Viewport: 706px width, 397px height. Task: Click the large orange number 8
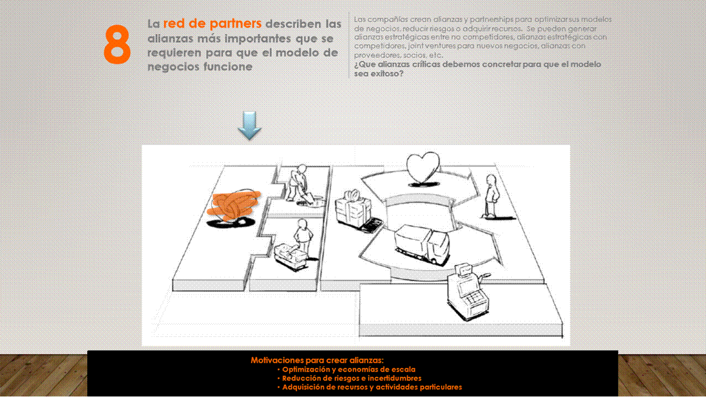(117, 45)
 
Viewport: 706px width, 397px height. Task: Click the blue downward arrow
(249, 125)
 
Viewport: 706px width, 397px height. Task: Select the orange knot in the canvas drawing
(234, 205)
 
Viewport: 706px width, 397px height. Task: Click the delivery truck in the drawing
(422, 244)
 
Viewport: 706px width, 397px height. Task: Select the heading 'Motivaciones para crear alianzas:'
(317, 360)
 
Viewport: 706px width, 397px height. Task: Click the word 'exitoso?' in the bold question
(384, 74)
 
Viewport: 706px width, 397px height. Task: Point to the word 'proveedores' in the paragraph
(374, 56)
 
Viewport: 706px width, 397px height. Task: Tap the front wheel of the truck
(434, 261)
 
